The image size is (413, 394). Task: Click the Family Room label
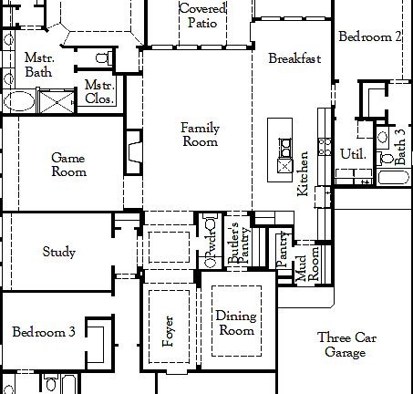click(x=201, y=135)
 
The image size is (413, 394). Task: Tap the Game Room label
click(x=68, y=164)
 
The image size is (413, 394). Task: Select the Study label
click(x=59, y=253)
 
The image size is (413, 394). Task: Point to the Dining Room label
click(x=235, y=324)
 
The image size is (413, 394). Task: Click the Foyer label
click(x=168, y=332)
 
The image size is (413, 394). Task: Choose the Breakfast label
click(x=294, y=58)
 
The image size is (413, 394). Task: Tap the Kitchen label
click(x=304, y=173)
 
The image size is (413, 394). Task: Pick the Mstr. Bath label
click(x=38, y=64)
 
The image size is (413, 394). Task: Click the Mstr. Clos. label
click(x=98, y=91)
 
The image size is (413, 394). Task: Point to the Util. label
click(x=353, y=154)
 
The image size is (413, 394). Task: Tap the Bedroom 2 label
click(x=370, y=37)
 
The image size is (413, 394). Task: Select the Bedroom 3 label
click(x=44, y=332)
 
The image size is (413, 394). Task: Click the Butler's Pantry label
click(x=239, y=244)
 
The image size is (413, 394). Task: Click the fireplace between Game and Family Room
click(x=135, y=150)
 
